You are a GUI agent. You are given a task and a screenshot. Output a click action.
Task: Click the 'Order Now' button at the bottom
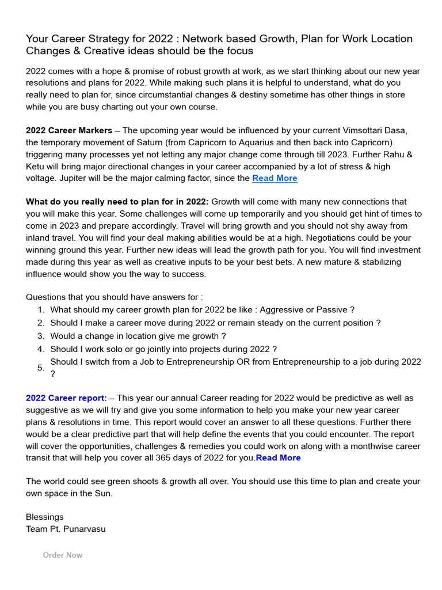[x=63, y=555]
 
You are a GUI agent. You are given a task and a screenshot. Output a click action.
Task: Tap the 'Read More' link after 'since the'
[x=275, y=178]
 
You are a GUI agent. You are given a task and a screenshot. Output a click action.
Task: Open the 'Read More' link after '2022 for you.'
[x=279, y=457]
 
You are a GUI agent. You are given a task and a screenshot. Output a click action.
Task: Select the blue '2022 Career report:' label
[x=66, y=398]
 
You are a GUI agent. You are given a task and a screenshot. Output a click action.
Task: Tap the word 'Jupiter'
[x=71, y=178]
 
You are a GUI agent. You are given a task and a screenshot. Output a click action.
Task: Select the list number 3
[x=41, y=336]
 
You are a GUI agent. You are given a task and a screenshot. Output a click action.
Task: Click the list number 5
[x=41, y=368]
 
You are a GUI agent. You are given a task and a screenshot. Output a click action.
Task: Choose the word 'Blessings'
[x=45, y=517]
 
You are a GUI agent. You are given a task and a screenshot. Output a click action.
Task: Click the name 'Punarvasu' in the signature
[x=85, y=528]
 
